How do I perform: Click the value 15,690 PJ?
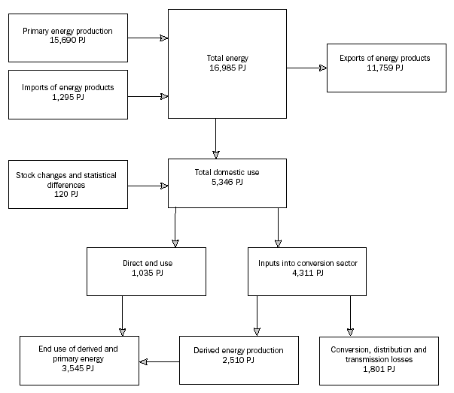tap(68, 41)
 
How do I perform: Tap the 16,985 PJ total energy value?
tap(227, 68)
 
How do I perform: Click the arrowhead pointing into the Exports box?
tap(323, 68)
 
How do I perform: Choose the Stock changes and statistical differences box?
tap(68, 184)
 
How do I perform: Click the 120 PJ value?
tap(68, 194)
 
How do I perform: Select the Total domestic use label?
tap(227, 172)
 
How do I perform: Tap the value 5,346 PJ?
tap(227, 182)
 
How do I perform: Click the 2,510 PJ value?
tap(239, 361)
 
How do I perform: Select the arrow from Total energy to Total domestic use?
tap(216, 137)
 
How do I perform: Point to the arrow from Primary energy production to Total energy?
tap(148, 36)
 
